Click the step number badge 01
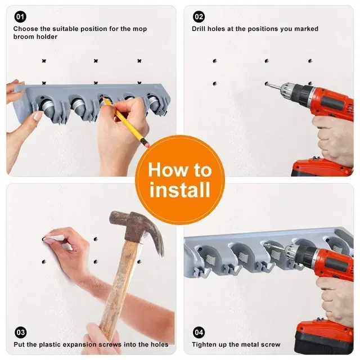point(20,16)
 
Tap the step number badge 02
point(199,16)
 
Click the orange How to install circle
point(179,179)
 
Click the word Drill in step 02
point(200,29)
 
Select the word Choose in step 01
point(25,29)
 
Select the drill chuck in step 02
point(289,90)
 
